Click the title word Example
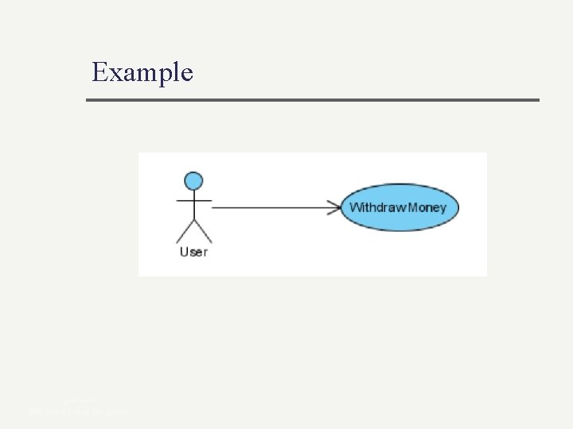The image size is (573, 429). (x=142, y=72)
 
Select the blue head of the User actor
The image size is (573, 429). (x=193, y=181)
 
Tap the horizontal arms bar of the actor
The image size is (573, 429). (x=193, y=200)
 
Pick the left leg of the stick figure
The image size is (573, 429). (x=185, y=231)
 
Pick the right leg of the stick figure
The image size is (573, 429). (x=202, y=231)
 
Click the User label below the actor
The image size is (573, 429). (x=193, y=252)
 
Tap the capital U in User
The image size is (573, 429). (x=184, y=252)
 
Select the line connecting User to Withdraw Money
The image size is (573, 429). (x=271, y=208)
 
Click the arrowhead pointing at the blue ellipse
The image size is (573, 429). (x=334, y=208)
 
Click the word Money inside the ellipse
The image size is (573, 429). (x=428, y=208)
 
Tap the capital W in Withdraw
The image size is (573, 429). (x=356, y=208)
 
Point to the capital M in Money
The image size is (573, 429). (x=415, y=208)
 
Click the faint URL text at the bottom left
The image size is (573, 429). (x=76, y=412)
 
